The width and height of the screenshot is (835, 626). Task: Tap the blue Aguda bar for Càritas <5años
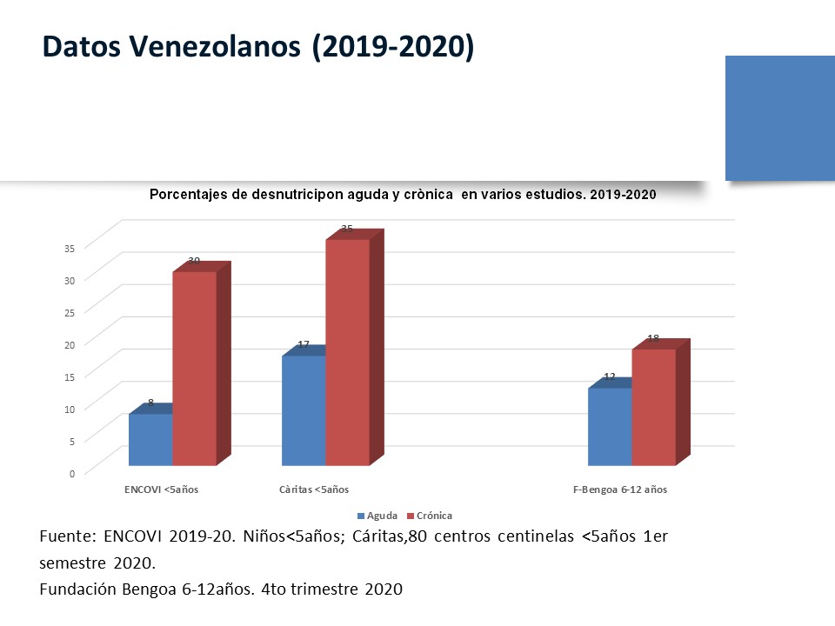pyautogui.click(x=304, y=410)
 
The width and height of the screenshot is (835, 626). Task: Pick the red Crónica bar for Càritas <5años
pyautogui.click(x=347, y=351)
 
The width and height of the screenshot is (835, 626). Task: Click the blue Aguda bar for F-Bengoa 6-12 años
pyautogui.click(x=610, y=426)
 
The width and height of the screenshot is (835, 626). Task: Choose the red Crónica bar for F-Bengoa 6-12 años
pyautogui.click(x=653, y=407)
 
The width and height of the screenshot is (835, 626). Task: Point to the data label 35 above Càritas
pyautogui.click(x=347, y=229)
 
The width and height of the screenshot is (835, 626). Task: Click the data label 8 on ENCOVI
pyautogui.click(x=150, y=403)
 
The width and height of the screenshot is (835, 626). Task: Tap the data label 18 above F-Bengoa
pyautogui.click(x=653, y=337)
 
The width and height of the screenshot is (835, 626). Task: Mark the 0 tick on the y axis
pyautogui.click(x=72, y=472)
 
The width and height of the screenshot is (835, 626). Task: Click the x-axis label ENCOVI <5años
pyautogui.click(x=162, y=489)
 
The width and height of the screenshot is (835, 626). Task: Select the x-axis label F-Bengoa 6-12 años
pyautogui.click(x=620, y=489)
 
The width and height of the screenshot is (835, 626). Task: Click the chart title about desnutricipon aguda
pyautogui.click(x=402, y=195)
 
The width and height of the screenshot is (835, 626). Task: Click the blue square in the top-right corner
pyautogui.click(x=779, y=118)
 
